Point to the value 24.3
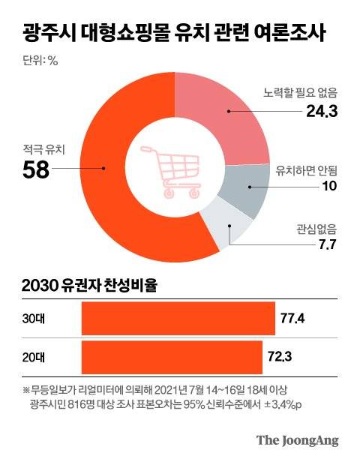click(322, 112)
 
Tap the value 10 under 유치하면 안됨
click(329, 185)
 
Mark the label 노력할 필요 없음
click(301, 94)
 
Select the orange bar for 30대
click(178, 318)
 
